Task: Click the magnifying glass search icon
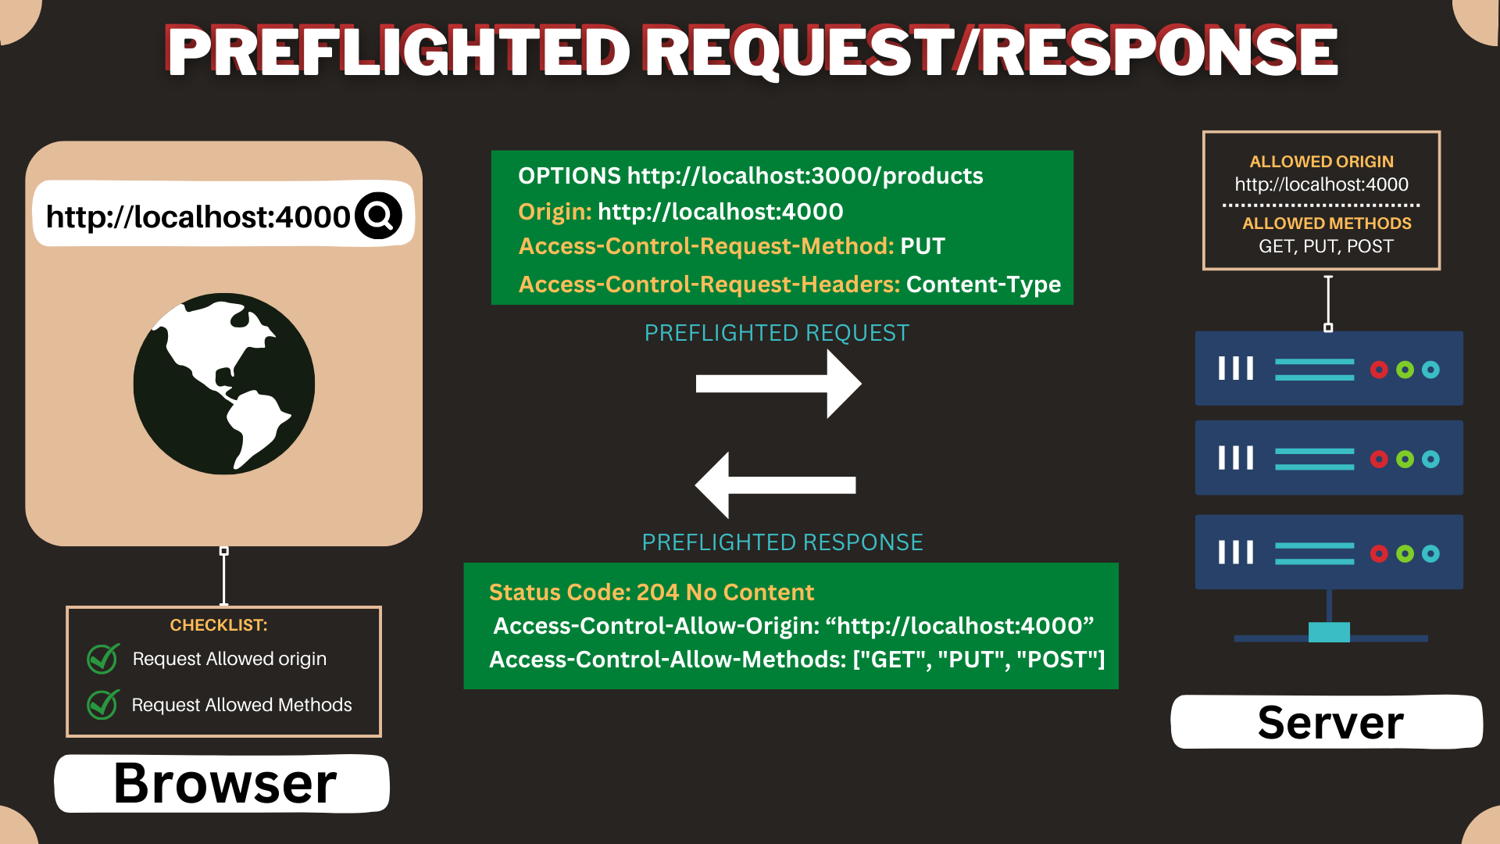379,216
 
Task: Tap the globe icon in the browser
224,384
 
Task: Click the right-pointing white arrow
778,383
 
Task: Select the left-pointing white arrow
775,485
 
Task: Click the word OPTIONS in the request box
569,176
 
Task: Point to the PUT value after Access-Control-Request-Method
923,246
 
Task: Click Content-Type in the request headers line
983,284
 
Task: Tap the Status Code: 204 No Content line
652,592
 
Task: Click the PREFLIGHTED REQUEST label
777,333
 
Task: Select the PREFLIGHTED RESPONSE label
782,542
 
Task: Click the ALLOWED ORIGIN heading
1321,162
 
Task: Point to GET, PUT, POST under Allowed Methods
1326,246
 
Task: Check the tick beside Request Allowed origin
103,659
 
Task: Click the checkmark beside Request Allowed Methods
103,704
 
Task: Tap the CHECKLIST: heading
219,625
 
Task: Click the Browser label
225,783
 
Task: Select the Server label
1330,722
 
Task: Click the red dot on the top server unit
1379,370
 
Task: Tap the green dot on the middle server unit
1405,459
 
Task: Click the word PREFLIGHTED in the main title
398,52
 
